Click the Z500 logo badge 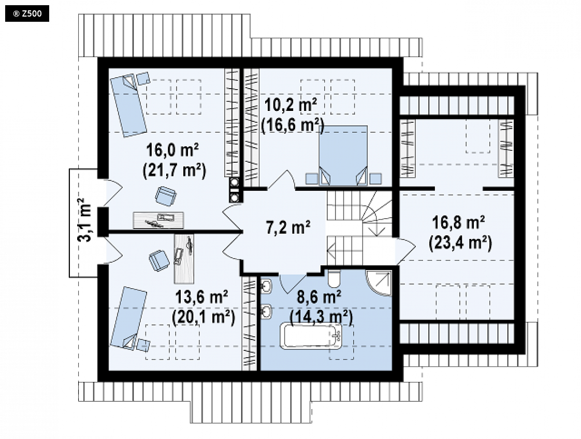[x=27, y=14]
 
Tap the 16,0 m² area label [x=172, y=150]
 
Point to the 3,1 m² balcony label [x=85, y=220]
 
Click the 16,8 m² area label [x=459, y=222]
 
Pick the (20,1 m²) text [x=204, y=317]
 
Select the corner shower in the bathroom [x=379, y=283]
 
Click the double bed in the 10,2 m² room [x=343, y=155]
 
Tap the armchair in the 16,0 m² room [x=166, y=196]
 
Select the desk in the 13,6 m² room [x=184, y=259]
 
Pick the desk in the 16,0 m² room [x=158, y=220]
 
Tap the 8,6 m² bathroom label [x=319, y=297]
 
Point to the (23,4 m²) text [x=460, y=243]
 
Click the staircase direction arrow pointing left [x=344, y=246]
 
